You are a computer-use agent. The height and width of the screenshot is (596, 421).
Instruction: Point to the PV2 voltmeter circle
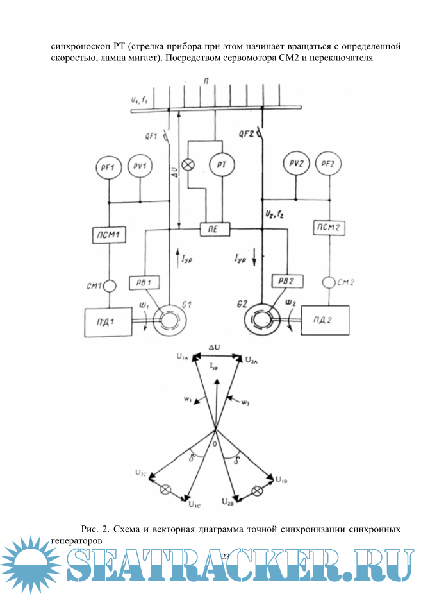tap(295, 164)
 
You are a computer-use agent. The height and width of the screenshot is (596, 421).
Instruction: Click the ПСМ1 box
tap(109, 235)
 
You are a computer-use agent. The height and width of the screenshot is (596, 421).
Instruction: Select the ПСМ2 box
tap(329, 228)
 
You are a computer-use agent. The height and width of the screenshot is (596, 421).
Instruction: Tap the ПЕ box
tap(211, 228)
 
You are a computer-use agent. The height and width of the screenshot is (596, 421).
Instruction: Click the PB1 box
tap(145, 283)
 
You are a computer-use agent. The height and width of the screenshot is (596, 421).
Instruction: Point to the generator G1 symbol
tap(169, 317)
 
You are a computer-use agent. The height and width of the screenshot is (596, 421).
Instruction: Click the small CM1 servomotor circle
tap(109, 285)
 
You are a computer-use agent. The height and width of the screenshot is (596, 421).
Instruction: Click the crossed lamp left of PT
tap(188, 165)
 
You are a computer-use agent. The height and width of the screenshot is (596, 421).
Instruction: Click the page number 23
tap(225, 556)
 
